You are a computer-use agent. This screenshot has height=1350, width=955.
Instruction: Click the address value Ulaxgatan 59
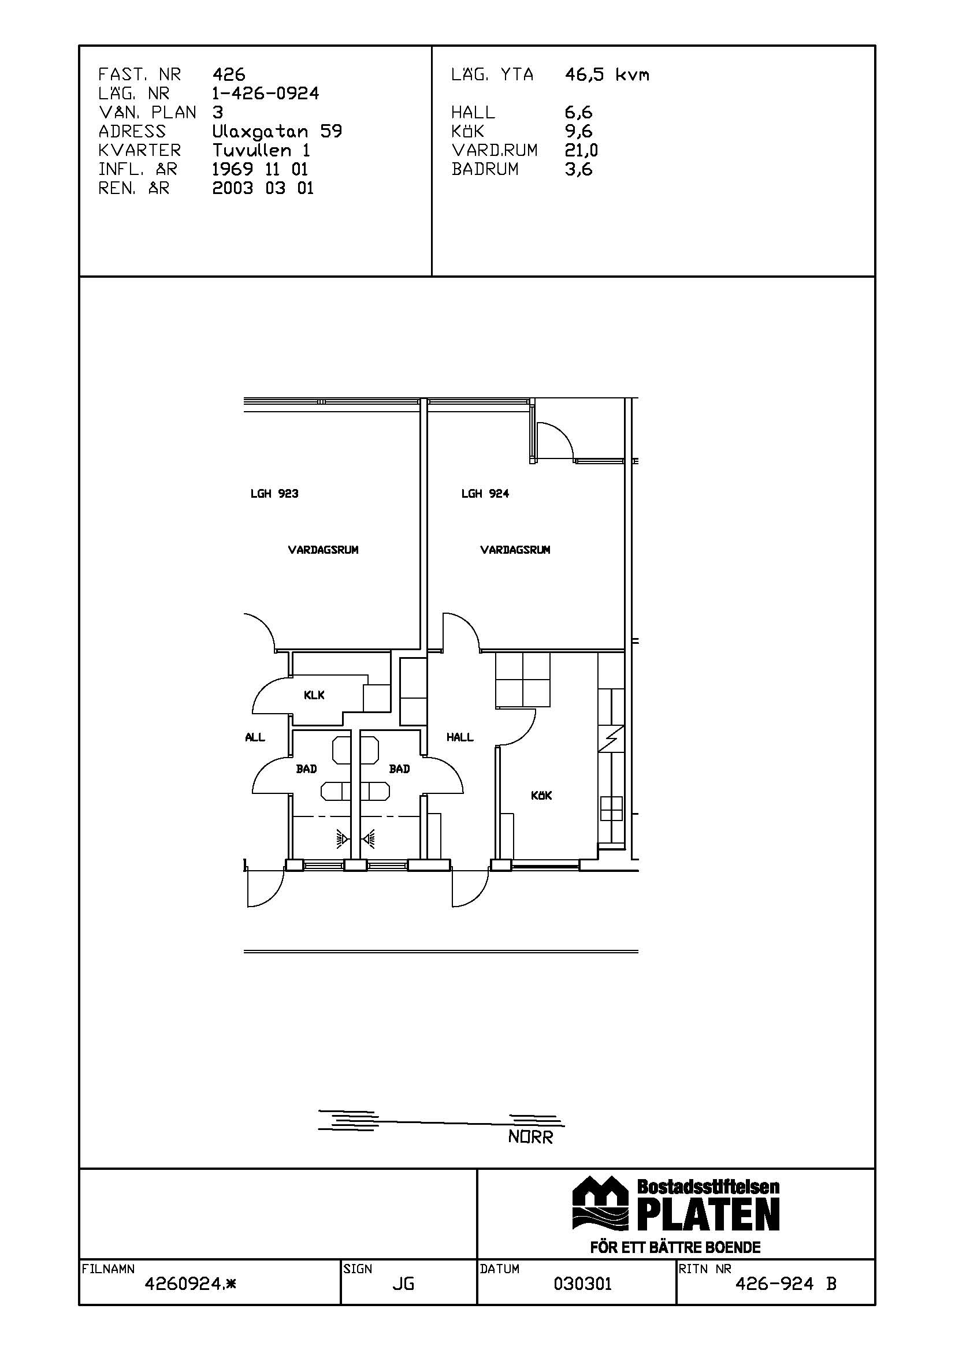pyautogui.click(x=277, y=132)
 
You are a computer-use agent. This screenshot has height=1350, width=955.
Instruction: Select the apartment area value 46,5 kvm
pyautogui.click(x=607, y=74)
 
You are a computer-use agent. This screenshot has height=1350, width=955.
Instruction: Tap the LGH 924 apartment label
pyautogui.click(x=485, y=494)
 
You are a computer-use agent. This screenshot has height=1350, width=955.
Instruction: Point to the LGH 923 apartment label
pyautogui.click(x=274, y=494)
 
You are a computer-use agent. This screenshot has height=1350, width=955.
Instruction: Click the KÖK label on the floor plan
pyautogui.click(x=541, y=795)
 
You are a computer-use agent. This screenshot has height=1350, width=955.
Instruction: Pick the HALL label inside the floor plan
pyautogui.click(x=459, y=737)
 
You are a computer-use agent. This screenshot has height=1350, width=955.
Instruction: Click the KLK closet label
pyautogui.click(x=314, y=695)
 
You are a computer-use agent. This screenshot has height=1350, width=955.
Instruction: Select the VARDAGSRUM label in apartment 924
pyautogui.click(x=515, y=550)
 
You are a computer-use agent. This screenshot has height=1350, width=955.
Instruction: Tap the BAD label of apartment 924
pyautogui.click(x=400, y=769)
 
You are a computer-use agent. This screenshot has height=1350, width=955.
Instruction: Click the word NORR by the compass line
pyautogui.click(x=531, y=1138)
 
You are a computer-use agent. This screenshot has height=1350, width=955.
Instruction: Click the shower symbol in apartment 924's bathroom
pyautogui.click(x=369, y=840)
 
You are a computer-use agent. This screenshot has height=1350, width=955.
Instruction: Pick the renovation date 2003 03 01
pyautogui.click(x=263, y=188)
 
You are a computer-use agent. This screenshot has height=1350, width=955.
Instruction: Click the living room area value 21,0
pyautogui.click(x=581, y=151)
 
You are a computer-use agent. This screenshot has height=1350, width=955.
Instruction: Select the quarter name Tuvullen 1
pyautogui.click(x=261, y=151)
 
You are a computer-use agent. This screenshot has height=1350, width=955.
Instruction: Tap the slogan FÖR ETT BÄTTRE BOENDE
pyautogui.click(x=675, y=1248)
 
